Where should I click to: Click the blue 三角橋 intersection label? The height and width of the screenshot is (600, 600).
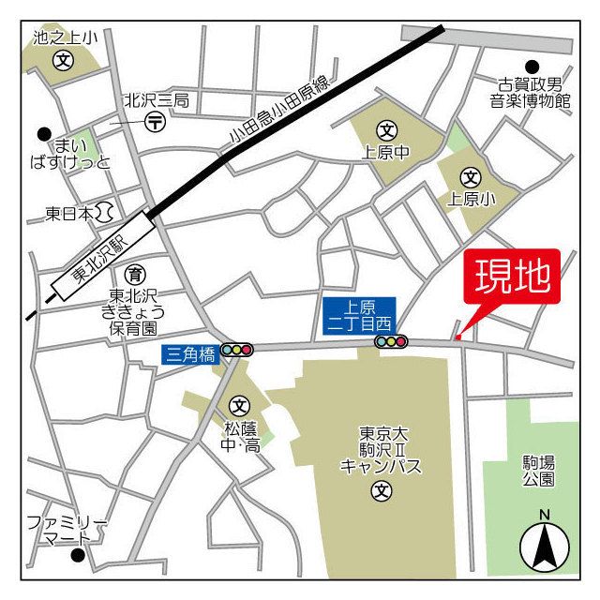pos(189,353)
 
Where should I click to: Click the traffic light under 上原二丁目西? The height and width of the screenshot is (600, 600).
pos(391,342)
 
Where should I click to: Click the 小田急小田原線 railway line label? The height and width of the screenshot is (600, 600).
pos(281,112)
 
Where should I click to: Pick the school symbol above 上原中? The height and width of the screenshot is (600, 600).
pos(385,129)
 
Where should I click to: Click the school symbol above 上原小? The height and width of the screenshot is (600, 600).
pos(470,176)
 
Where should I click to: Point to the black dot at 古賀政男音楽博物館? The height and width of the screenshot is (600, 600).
pos(532,67)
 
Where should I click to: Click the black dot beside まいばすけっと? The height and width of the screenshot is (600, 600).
pos(43,134)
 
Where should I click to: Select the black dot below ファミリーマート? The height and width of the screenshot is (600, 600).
pos(79,555)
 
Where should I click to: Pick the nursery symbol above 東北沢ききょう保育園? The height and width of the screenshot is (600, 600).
pos(135,274)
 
